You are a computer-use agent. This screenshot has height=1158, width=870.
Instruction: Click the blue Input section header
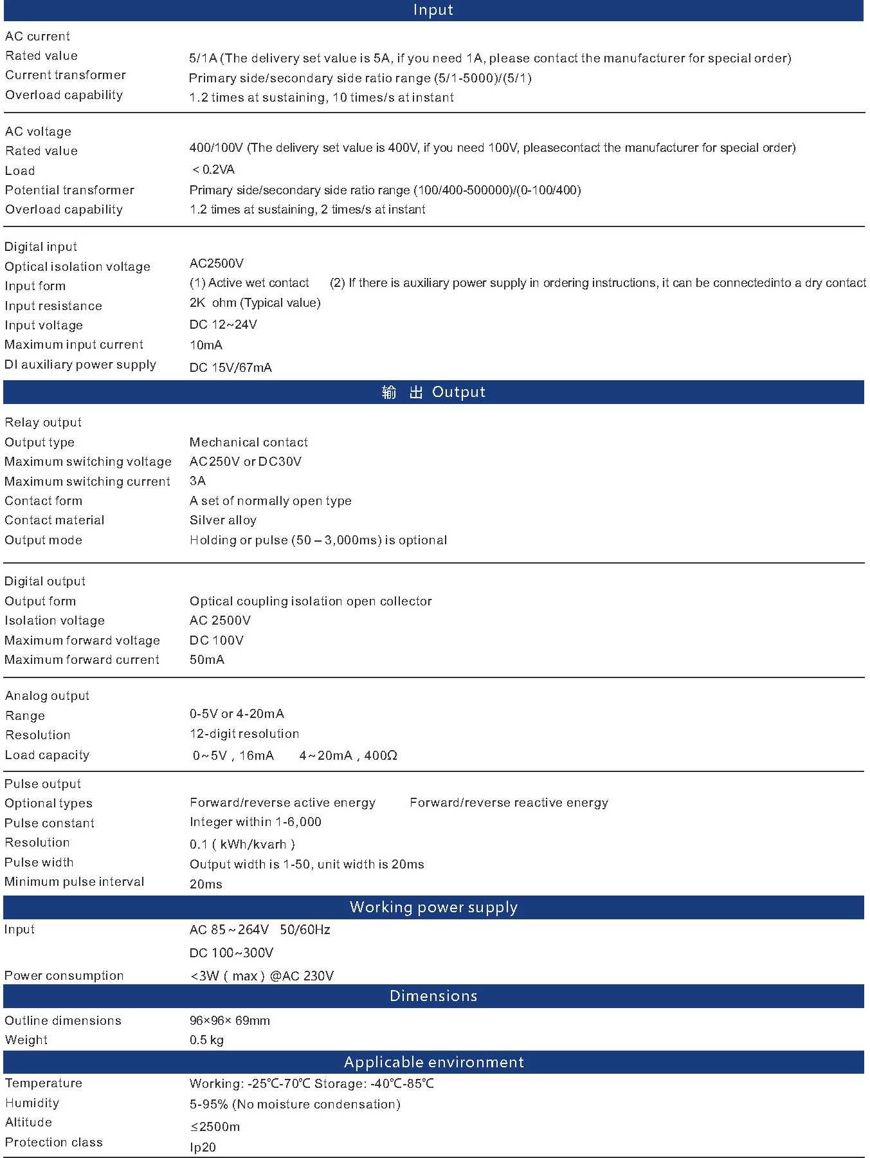click(433, 10)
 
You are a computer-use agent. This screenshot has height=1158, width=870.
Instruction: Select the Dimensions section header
click(433, 996)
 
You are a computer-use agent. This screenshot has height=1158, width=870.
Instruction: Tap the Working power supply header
click(433, 907)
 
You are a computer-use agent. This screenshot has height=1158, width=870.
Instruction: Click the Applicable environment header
click(433, 1062)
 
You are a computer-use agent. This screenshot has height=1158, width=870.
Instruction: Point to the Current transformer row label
click(66, 75)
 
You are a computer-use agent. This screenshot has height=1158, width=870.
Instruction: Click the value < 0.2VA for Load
click(213, 170)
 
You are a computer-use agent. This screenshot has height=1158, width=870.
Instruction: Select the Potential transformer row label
click(69, 190)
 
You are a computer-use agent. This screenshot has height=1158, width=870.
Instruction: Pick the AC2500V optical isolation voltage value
click(217, 264)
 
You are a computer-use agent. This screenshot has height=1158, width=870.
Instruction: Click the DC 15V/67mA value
click(231, 367)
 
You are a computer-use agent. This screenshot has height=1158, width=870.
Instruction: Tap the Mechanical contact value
click(249, 443)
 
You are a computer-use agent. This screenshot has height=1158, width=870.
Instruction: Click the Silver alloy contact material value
click(223, 520)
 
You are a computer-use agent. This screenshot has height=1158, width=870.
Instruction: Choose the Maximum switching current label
click(87, 482)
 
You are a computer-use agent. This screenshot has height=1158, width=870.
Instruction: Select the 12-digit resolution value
click(244, 734)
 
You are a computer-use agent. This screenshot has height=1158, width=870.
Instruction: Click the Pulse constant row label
click(50, 823)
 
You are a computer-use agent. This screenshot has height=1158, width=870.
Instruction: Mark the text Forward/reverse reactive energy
click(509, 803)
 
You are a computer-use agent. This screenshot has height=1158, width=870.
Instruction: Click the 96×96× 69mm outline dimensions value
click(230, 1021)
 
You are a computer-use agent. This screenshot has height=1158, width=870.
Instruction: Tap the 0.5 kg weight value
click(206, 1040)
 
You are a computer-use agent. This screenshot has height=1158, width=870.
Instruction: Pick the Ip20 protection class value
click(203, 1148)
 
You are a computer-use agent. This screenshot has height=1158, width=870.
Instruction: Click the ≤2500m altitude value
click(215, 1127)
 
